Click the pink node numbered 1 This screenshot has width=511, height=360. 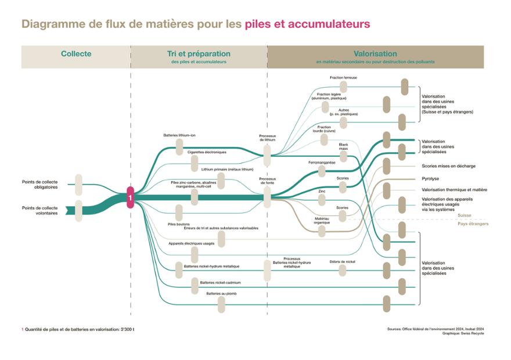point(131,197)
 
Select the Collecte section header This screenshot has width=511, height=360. point(76,54)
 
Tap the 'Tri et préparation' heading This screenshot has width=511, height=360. point(199,54)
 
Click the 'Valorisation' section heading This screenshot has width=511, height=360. point(375,54)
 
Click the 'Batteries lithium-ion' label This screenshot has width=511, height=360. point(179,135)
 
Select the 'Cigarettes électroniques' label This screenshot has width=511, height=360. point(207,152)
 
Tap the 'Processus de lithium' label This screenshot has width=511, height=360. point(267,138)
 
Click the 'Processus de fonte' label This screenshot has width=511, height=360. point(267,181)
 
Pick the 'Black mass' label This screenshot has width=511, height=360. point(343,146)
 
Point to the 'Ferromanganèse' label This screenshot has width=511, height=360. point(322,163)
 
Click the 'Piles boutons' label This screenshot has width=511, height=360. point(179,224)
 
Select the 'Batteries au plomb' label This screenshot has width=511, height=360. point(221,294)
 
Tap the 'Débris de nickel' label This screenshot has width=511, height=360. point(342,261)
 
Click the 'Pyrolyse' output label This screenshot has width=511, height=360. point(431,179)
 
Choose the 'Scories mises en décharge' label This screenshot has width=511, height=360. point(448,166)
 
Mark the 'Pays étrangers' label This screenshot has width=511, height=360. point(473,224)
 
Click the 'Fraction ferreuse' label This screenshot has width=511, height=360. point(343,77)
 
